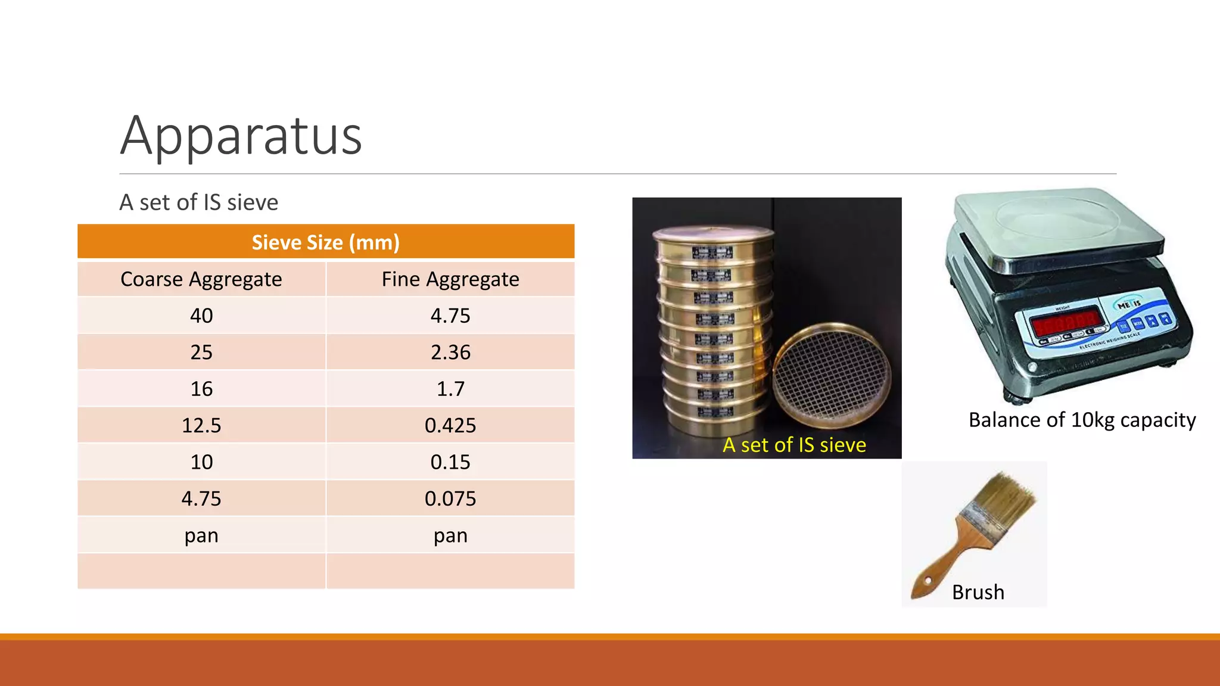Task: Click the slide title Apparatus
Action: click(241, 136)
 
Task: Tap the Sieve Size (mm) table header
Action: click(325, 242)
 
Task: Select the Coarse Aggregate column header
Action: click(201, 279)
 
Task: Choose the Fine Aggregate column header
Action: click(450, 279)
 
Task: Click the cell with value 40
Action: click(201, 316)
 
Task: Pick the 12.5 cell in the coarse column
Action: click(201, 425)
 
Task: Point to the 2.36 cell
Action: click(450, 352)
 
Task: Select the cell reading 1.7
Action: click(450, 389)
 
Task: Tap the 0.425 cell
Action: click(450, 425)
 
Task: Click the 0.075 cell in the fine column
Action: click(450, 498)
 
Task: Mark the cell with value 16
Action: click(201, 389)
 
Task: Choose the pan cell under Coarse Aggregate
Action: click(201, 535)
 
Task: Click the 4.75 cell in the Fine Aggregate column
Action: click(450, 316)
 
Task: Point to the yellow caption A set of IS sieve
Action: click(794, 445)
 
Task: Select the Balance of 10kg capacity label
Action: click(1082, 420)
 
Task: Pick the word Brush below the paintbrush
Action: click(978, 593)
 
